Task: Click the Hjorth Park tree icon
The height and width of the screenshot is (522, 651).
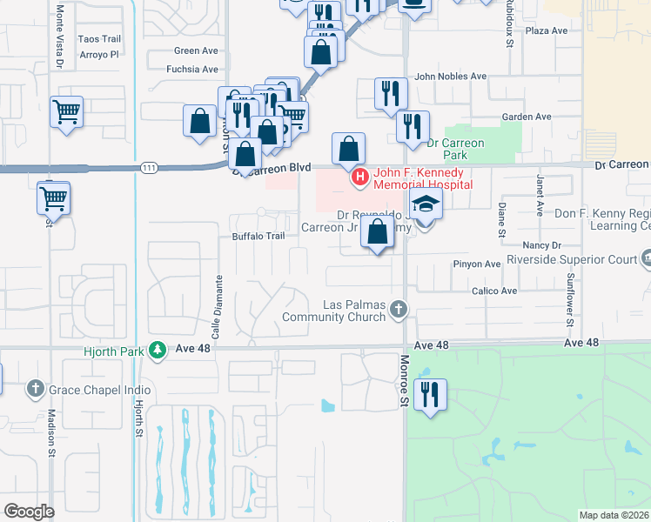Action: click(x=157, y=350)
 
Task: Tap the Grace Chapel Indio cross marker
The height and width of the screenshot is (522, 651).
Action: click(x=36, y=388)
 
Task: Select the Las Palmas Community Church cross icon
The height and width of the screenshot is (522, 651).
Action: click(x=398, y=309)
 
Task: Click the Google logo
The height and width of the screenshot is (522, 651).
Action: click(x=29, y=511)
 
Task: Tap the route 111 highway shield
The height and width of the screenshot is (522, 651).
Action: click(x=151, y=168)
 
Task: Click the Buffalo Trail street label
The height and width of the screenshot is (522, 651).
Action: click(x=258, y=236)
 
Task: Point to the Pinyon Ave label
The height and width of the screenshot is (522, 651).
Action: click(x=477, y=264)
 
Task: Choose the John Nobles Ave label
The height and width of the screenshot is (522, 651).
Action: click(x=450, y=77)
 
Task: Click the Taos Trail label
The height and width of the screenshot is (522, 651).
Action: click(x=99, y=39)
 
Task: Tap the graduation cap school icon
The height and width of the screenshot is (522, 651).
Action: click(x=426, y=204)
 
